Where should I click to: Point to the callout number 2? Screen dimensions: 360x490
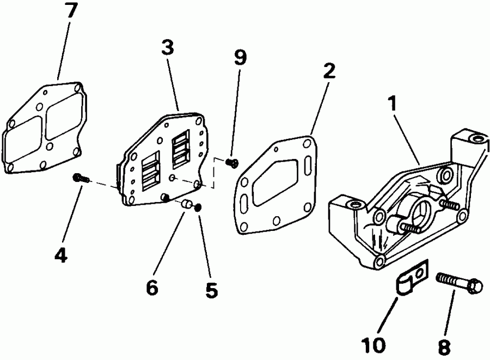329,71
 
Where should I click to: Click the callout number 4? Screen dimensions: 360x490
61,254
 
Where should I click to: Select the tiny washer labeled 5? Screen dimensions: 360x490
199,207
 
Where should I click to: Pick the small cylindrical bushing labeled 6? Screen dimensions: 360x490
187,205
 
